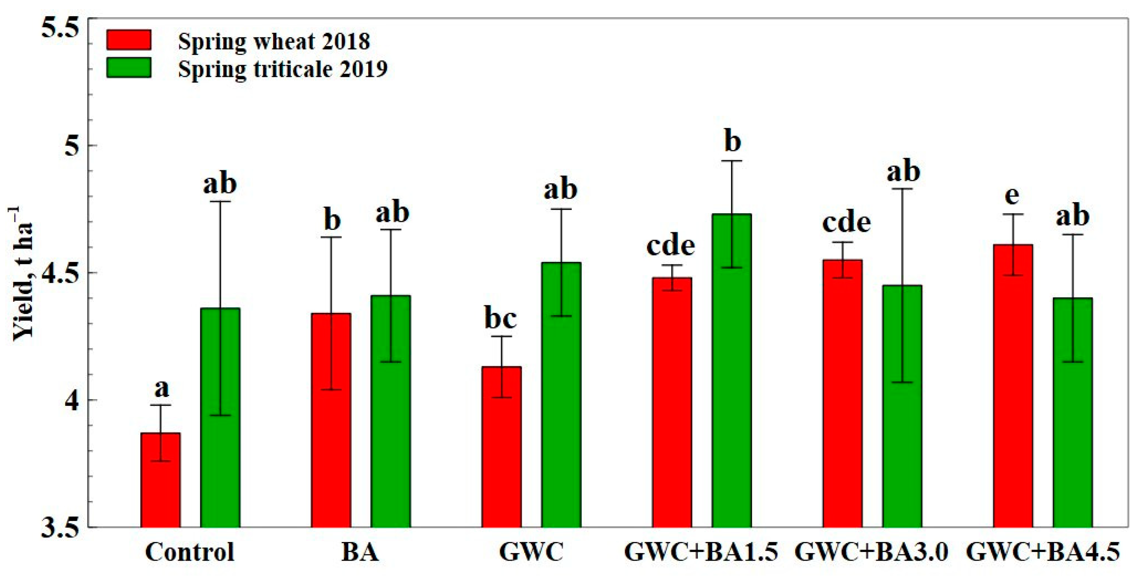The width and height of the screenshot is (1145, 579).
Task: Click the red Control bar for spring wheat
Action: [160, 480]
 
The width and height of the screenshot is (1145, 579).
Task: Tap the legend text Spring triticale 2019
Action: [283, 69]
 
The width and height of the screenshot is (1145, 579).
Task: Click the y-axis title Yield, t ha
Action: [22, 273]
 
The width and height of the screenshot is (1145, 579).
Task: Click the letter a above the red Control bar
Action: [162, 389]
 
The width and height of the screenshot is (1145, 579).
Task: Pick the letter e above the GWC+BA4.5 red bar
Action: [1012, 196]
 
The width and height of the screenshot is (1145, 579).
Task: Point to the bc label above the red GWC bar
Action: [500, 319]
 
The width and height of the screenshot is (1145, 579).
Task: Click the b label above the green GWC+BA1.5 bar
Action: [732, 142]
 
